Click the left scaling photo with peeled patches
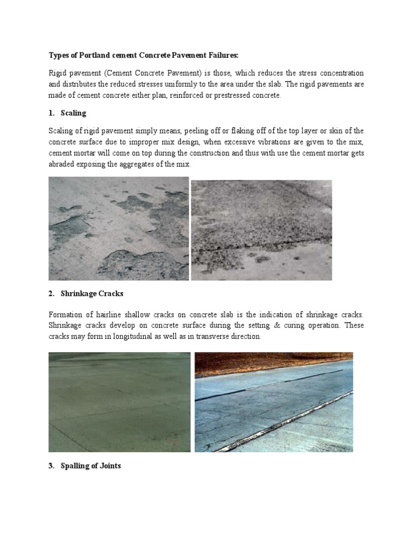coord(119,229)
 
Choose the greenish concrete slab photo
coord(119,402)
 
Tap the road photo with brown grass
coord(274,402)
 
